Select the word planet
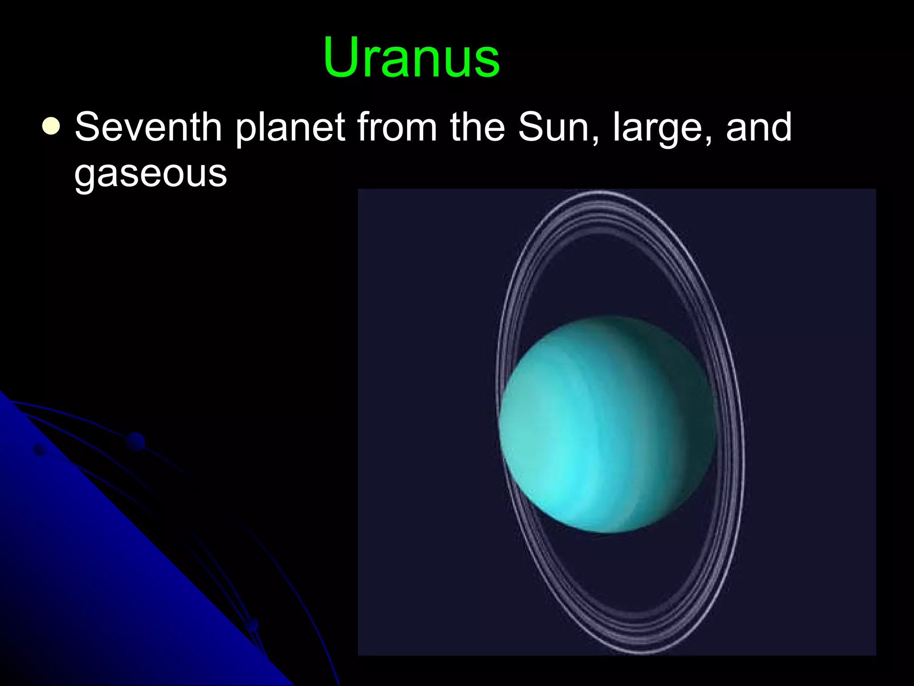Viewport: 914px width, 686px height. tap(290, 130)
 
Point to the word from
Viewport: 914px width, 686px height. tap(397, 127)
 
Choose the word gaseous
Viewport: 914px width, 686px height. tap(150, 174)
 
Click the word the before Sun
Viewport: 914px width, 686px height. tap(477, 127)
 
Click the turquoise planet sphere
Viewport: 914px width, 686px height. tap(607, 424)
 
